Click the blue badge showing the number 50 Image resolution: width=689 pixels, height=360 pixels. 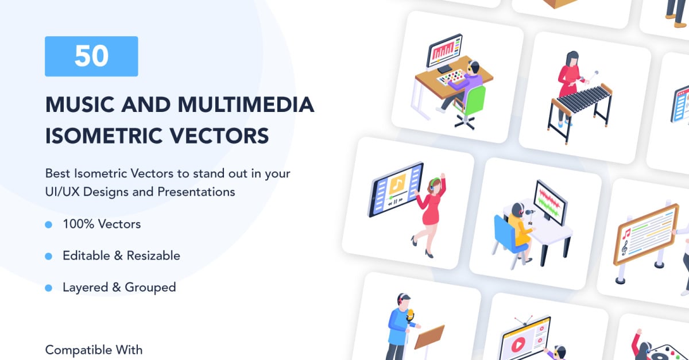(x=91, y=56)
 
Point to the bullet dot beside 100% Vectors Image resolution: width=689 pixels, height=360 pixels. (x=49, y=224)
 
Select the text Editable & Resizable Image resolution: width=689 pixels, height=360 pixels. (x=121, y=256)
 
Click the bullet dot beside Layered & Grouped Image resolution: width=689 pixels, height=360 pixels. (x=49, y=287)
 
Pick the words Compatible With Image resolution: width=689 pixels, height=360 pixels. (x=94, y=350)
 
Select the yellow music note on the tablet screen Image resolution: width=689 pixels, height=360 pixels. (x=396, y=184)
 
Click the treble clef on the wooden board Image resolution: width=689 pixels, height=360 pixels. (x=625, y=247)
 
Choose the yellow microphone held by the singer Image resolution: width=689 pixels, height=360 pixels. (x=410, y=316)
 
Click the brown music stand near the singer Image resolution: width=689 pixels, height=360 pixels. (x=429, y=336)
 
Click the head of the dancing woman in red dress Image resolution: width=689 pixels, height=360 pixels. (x=435, y=184)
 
